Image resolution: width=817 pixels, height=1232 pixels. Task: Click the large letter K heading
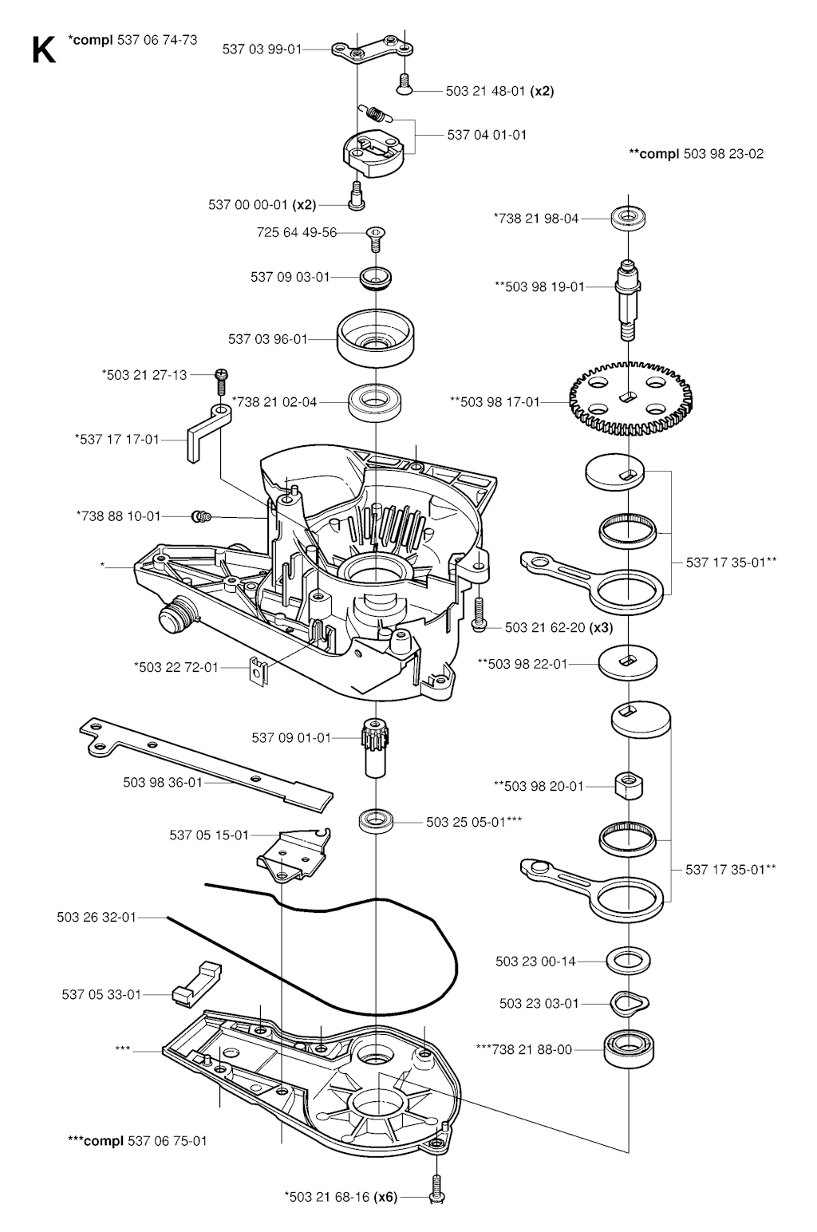coord(43,50)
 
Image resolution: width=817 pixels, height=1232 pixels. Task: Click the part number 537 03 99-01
coord(262,49)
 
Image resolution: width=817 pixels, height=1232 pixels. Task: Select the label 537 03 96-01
coord(268,339)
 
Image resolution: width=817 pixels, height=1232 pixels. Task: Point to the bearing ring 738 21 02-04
coord(375,401)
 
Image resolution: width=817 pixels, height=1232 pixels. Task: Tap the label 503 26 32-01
coord(97,918)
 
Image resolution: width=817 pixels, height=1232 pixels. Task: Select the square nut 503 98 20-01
coord(629,786)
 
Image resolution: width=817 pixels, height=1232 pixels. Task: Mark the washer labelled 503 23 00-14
coord(630,961)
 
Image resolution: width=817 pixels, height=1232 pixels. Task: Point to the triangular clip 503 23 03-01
coord(630,1003)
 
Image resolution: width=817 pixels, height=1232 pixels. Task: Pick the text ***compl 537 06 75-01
coord(137,1140)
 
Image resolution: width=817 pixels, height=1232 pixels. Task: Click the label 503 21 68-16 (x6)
coord(340,1196)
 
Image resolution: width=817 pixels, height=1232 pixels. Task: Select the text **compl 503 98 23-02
coord(696,153)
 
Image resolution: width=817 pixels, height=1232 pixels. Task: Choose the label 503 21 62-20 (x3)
coord(558,628)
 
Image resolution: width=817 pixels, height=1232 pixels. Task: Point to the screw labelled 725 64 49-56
coord(375,237)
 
